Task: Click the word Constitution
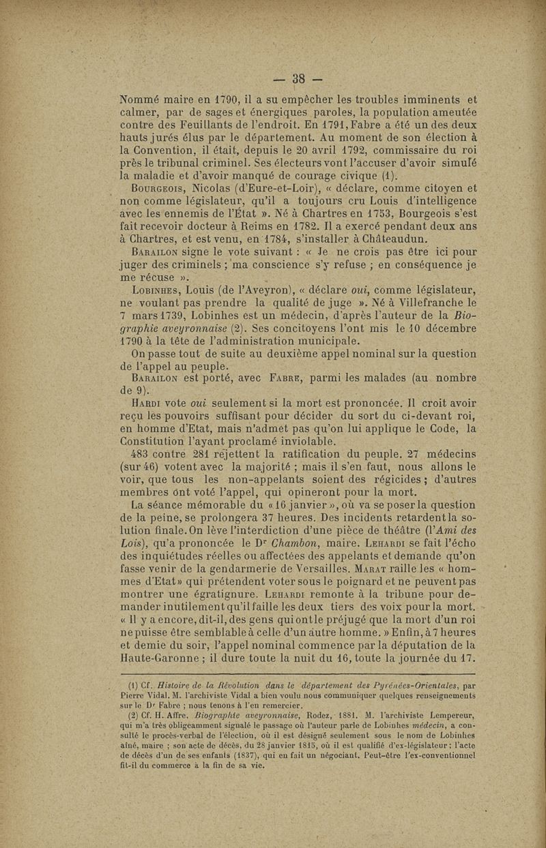point(154,441)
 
